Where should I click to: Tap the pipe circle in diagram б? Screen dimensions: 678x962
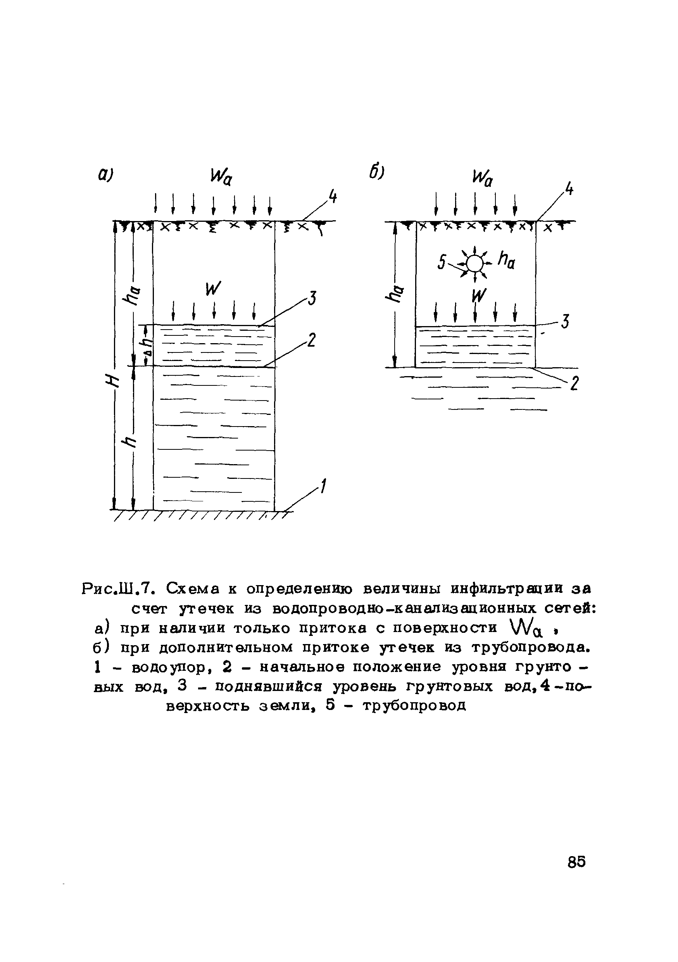click(474, 264)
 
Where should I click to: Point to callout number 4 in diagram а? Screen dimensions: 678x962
click(333, 197)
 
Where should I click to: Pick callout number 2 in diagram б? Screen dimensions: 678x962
click(574, 383)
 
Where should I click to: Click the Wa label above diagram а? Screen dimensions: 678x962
click(221, 178)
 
